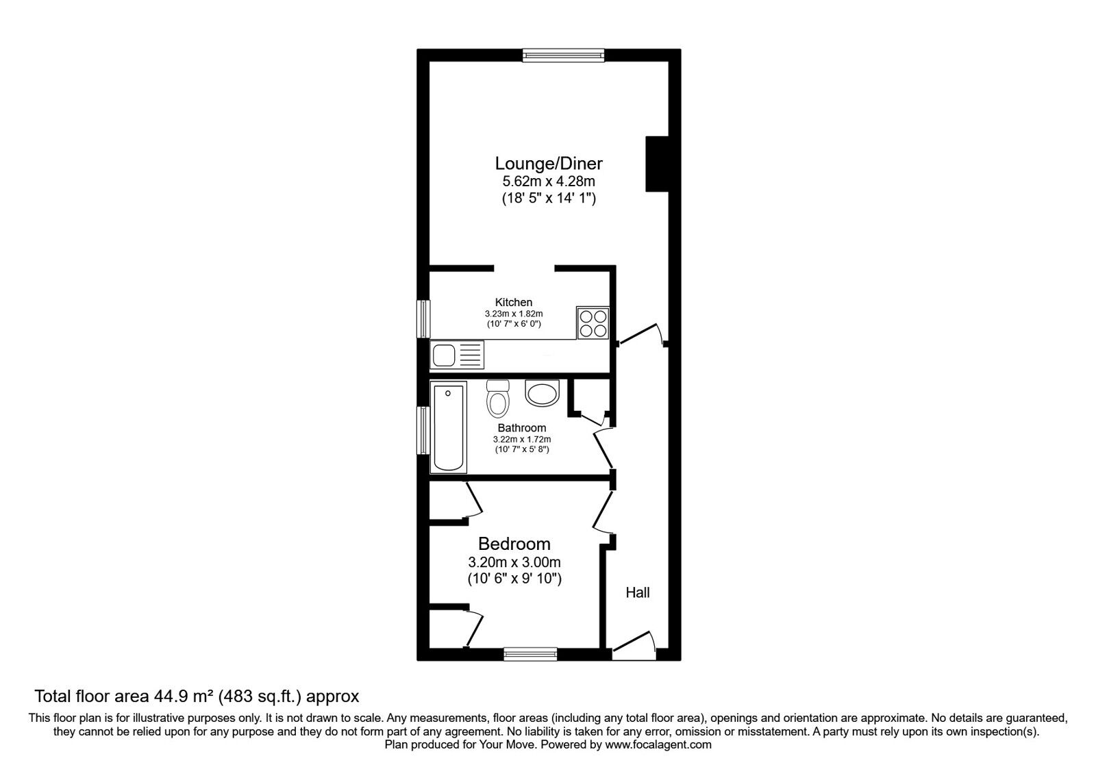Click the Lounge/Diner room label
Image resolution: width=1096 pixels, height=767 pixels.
pos(549,163)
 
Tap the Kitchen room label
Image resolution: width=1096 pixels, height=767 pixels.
pos(513,302)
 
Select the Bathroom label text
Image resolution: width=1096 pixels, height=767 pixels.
pos(521,428)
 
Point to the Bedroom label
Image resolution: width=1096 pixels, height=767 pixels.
pos(514,544)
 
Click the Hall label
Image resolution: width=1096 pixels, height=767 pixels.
pos(638,593)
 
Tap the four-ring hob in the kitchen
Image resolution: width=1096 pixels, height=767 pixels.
pos(593,323)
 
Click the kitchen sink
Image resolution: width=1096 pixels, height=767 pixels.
pos(457,355)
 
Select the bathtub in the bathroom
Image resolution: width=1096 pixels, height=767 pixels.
pos(448,427)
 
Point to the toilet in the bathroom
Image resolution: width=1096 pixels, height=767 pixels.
pos(498,398)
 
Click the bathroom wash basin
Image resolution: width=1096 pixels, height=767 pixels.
pos(542,392)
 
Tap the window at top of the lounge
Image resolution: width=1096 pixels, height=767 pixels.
pos(563,55)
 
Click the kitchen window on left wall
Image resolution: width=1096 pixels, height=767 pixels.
pos(423,319)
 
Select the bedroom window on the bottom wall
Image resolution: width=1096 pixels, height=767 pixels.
pos(530,654)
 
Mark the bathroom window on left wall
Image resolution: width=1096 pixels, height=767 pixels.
pos(423,431)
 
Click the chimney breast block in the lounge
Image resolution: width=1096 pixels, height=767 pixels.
pos(657,164)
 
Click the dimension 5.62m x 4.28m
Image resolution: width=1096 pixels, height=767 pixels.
pos(549,181)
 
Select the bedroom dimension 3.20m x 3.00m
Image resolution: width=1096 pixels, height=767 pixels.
pos(514,562)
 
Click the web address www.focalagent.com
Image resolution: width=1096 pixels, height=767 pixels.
pos(658,745)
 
